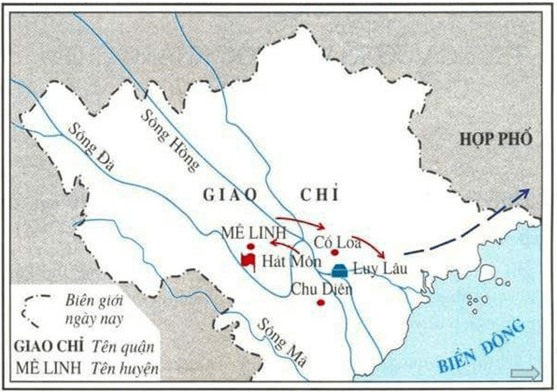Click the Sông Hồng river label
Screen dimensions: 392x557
click(x=169, y=140)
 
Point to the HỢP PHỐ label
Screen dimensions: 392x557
click(x=496, y=139)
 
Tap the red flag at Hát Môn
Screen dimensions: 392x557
click(x=248, y=261)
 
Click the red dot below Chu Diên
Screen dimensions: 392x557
click(x=320, y=302)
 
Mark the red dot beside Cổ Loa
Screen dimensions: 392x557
click(x=334, y=253)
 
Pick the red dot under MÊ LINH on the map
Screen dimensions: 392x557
click(x=251, y=246)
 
